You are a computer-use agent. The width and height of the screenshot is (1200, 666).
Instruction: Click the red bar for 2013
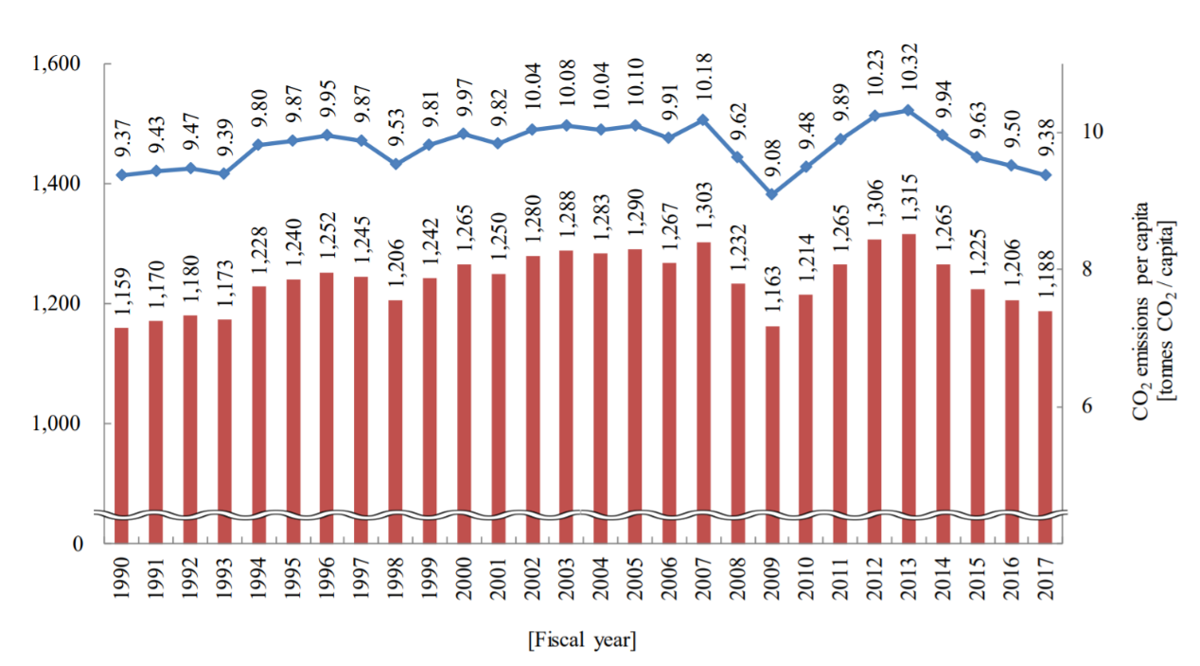pyautogui.click(x=909, y=388)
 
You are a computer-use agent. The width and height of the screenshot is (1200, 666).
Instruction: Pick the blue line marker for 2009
pyautogui.click(x=772, y=194)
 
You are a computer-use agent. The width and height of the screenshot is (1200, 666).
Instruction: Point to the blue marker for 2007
pyautogui.click(x=703, y=120)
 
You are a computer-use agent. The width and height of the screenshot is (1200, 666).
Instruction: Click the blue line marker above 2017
pyautogui.click(x=1046, y=175)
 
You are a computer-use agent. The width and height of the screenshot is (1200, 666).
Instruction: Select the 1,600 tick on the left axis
pyautogui.click(x=58, y=64)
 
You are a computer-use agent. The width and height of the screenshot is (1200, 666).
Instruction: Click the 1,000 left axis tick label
pyautogui.click(x=58, y=423)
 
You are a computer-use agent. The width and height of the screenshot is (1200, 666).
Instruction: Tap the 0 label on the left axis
pyautogui.click(x=79, y=544)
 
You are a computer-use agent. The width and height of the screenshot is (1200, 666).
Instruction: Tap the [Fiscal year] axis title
pyautogui.click(x=582, y=640)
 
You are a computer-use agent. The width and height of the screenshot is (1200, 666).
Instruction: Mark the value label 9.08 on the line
pyautogui.click(x=772, y=162)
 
